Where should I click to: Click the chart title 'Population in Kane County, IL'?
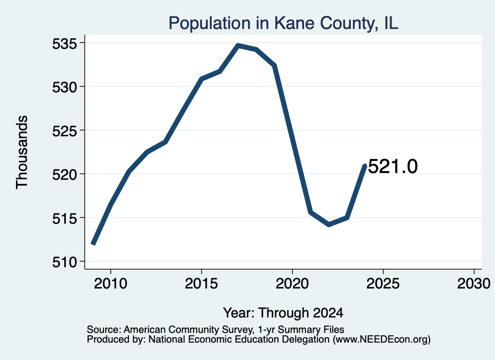point(283,23)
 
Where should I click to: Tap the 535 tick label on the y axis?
point(64,43)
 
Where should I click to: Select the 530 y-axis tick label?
point(64,87)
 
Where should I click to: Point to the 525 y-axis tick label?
point(64,131)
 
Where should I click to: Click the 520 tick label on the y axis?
point(64,174)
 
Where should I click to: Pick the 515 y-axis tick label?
point(64,218)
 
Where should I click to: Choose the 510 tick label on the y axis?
point(64,262)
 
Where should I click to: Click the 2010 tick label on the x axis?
point(111,283)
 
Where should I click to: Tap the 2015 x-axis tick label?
point(202,283)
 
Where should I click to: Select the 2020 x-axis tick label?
point(292,283)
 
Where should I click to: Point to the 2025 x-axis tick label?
point(383,283)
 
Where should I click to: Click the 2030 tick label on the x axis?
point(474,283)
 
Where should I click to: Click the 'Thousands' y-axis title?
point(22,152)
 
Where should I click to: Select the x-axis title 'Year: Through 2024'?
point(283,313)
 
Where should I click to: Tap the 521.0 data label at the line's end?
point(393,166)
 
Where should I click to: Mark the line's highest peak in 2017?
point(238,46)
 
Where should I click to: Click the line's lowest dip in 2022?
point(329,224)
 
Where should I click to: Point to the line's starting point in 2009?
point(93,244)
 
